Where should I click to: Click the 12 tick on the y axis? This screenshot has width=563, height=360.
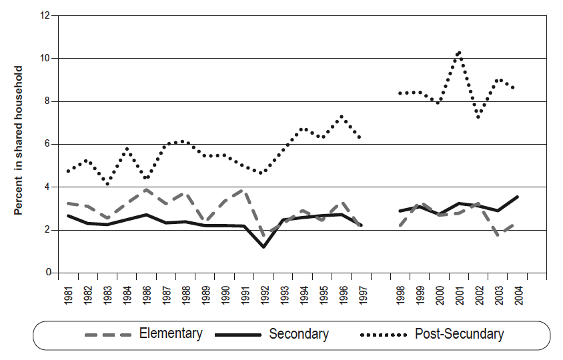coord(46,16)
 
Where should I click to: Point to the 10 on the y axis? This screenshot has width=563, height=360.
coord(46,59)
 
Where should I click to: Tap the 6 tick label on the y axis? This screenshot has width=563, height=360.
coord(49,144)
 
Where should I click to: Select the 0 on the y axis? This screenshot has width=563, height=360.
coord(49,273)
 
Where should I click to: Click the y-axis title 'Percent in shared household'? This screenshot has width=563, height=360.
coord(19,140)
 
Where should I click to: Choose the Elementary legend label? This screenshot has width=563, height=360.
coord(171,334)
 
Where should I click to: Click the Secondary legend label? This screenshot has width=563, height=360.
coord(298,334)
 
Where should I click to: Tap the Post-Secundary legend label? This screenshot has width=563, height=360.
coord(459,334)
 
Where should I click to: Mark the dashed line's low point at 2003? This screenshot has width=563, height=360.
coord(498,235)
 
